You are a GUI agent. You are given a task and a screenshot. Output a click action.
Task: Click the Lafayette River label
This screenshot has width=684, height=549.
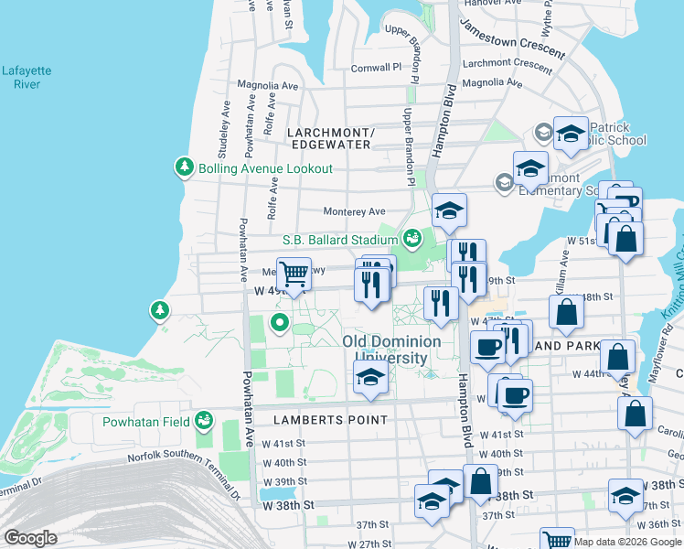(27, 77)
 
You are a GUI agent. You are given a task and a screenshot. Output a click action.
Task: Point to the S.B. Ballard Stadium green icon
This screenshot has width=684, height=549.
(412, 240)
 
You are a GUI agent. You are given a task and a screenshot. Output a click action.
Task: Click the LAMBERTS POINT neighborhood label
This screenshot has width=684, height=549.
(330, 419)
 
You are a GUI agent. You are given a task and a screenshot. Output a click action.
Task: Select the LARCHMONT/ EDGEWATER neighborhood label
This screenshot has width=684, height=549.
(329, 138)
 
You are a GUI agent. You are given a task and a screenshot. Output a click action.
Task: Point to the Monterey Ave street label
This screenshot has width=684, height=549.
(354, 211)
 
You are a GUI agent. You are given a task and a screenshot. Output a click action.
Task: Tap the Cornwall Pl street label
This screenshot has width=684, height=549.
(376, 68)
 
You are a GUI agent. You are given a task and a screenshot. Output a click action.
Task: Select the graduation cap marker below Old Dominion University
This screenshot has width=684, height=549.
(370, 378)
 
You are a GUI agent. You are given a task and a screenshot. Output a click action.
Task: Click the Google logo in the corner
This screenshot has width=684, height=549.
(30, 538)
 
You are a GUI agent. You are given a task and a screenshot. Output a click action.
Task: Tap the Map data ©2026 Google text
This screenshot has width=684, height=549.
(625, 542)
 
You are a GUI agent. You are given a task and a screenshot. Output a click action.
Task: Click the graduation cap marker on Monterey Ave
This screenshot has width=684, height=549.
(449, 212)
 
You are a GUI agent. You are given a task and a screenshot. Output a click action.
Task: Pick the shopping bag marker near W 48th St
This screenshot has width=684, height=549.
(567, 312)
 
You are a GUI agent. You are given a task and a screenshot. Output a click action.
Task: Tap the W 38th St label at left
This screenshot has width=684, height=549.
(287, 504)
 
